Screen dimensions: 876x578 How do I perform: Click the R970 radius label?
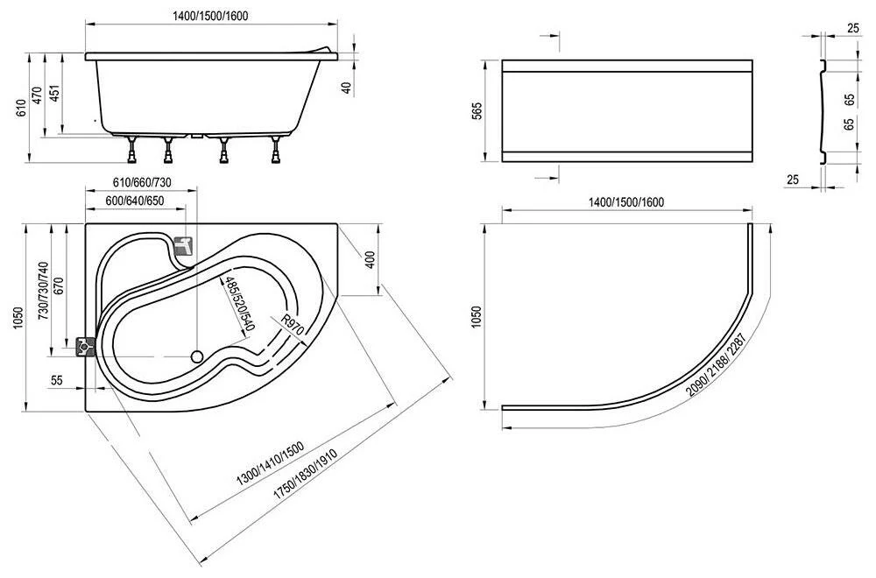[x=293, y=325]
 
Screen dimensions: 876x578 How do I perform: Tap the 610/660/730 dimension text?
[x=142, y=182]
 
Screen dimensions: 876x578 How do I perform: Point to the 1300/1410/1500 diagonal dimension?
[x=271, y=463]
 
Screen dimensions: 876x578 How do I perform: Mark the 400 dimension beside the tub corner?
[x=371, y=260]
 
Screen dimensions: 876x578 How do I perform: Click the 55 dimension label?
[x=56, y=380]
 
